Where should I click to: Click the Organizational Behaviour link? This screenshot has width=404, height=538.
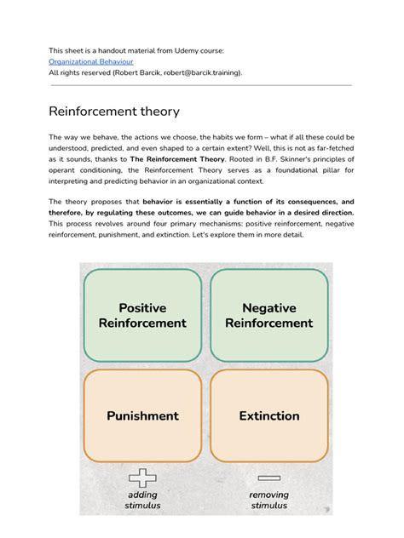(91, 61)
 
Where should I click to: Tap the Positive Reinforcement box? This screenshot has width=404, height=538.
(142, 316)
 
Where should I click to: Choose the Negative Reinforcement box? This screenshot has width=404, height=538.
(268, 316)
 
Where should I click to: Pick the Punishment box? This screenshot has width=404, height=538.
(142, 415)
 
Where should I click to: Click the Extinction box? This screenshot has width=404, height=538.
(268, 415)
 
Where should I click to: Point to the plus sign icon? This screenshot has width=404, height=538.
(142, 478)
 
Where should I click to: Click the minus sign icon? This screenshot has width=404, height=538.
(268, 478)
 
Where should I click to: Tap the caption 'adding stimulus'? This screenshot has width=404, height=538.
(142, 500)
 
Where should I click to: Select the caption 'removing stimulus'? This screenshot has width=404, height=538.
(269, 500)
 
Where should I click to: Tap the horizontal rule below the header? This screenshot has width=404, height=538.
(201, 85)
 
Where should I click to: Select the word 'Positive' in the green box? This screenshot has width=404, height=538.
(142, 307)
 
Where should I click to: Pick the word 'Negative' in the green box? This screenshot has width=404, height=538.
(268, 307)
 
